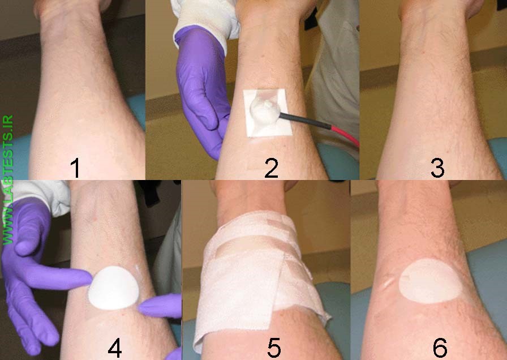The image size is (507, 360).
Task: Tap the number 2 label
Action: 272,168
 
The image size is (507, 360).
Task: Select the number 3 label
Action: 436,168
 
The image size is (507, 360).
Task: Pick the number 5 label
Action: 274,348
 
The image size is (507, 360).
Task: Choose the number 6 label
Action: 440,347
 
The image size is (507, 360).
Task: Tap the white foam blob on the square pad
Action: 265,109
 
